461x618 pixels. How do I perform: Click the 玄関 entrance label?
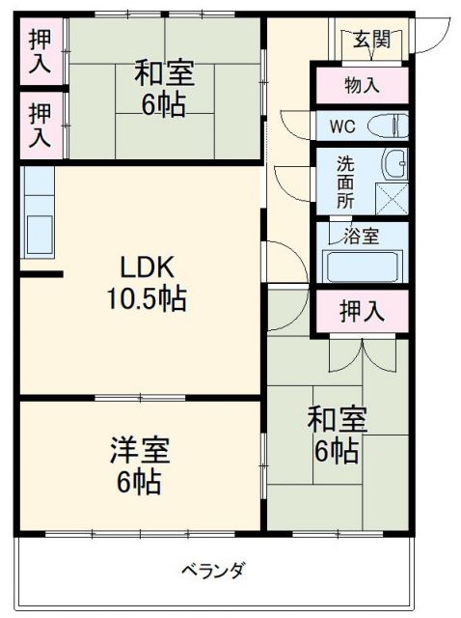click(x=371, y=40)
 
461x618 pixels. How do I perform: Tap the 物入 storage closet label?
click(x=363, y=85)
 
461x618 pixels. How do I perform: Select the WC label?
click(x=342, y=126)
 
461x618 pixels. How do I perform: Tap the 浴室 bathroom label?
click(x=362, y=236)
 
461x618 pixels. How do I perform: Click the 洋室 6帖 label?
click(x=140, y=464)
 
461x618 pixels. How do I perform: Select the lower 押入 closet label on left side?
click(x=41, y=123)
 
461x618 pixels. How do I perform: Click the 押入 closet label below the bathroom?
click(x=362, y=312)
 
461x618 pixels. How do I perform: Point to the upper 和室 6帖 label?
click(x=164, y=87)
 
